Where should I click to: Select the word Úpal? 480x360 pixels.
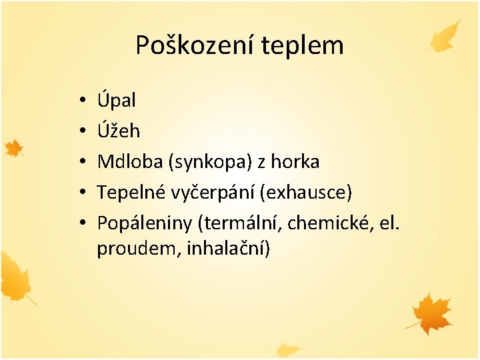[x=116, y=101]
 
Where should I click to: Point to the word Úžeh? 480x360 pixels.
[x=118, y=131]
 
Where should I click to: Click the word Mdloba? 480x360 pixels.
[x=127, y=161]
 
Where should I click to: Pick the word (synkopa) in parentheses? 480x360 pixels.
[x=205, y=162]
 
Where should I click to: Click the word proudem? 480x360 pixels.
[x=139, y=249]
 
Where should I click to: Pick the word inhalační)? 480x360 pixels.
[x=228, y=249]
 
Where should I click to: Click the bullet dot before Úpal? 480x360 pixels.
[x=79, y=101]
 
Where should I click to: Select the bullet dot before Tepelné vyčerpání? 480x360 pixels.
[x=79, y=193]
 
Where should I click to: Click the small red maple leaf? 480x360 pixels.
[x=13, y=148]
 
